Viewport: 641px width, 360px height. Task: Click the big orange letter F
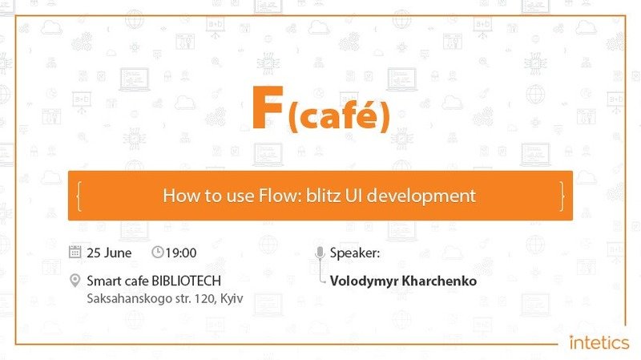click(x=268, y=107)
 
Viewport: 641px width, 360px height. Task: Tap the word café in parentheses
click(x=339, y=115)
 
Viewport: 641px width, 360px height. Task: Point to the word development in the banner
click(x=421, y=196)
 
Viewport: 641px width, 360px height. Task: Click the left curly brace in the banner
click(x=79, y=196)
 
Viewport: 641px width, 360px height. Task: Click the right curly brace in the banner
click(x=562, y=196)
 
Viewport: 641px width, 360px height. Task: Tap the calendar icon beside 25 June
click(x=75, y=252)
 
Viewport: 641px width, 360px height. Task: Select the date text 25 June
click(x=109, y=253)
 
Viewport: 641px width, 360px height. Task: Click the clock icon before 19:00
click(x=157, y=252)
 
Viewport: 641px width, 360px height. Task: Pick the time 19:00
click(x=181, y=253)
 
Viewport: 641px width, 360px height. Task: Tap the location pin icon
click(x=75, y=281)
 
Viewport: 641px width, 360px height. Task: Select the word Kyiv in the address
click(x=232, y=298)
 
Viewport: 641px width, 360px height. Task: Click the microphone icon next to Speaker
click(x=320, y=253)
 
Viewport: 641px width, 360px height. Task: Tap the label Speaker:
click(x=355, y=253)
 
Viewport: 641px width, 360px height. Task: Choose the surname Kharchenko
click(x=439, y=281)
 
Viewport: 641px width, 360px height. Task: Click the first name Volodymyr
click(x=365, y=281)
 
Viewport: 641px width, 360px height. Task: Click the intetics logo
click(x=599, y=343)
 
